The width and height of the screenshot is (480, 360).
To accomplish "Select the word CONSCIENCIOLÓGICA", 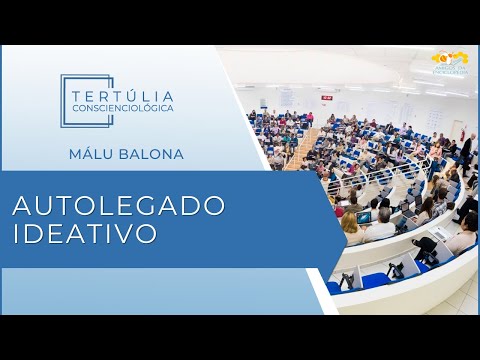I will click(122, 107).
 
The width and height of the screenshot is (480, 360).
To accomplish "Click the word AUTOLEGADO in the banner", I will click(119, 205).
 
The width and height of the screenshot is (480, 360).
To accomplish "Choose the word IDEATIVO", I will click(85, 234).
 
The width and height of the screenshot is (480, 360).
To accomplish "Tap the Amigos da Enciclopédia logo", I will click(449, 63).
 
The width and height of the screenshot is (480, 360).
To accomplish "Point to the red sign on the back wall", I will click(326, 97).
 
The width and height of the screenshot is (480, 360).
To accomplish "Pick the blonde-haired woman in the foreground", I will click(352, 229).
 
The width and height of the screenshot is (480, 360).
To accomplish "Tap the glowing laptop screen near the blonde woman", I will click(365, 217).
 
